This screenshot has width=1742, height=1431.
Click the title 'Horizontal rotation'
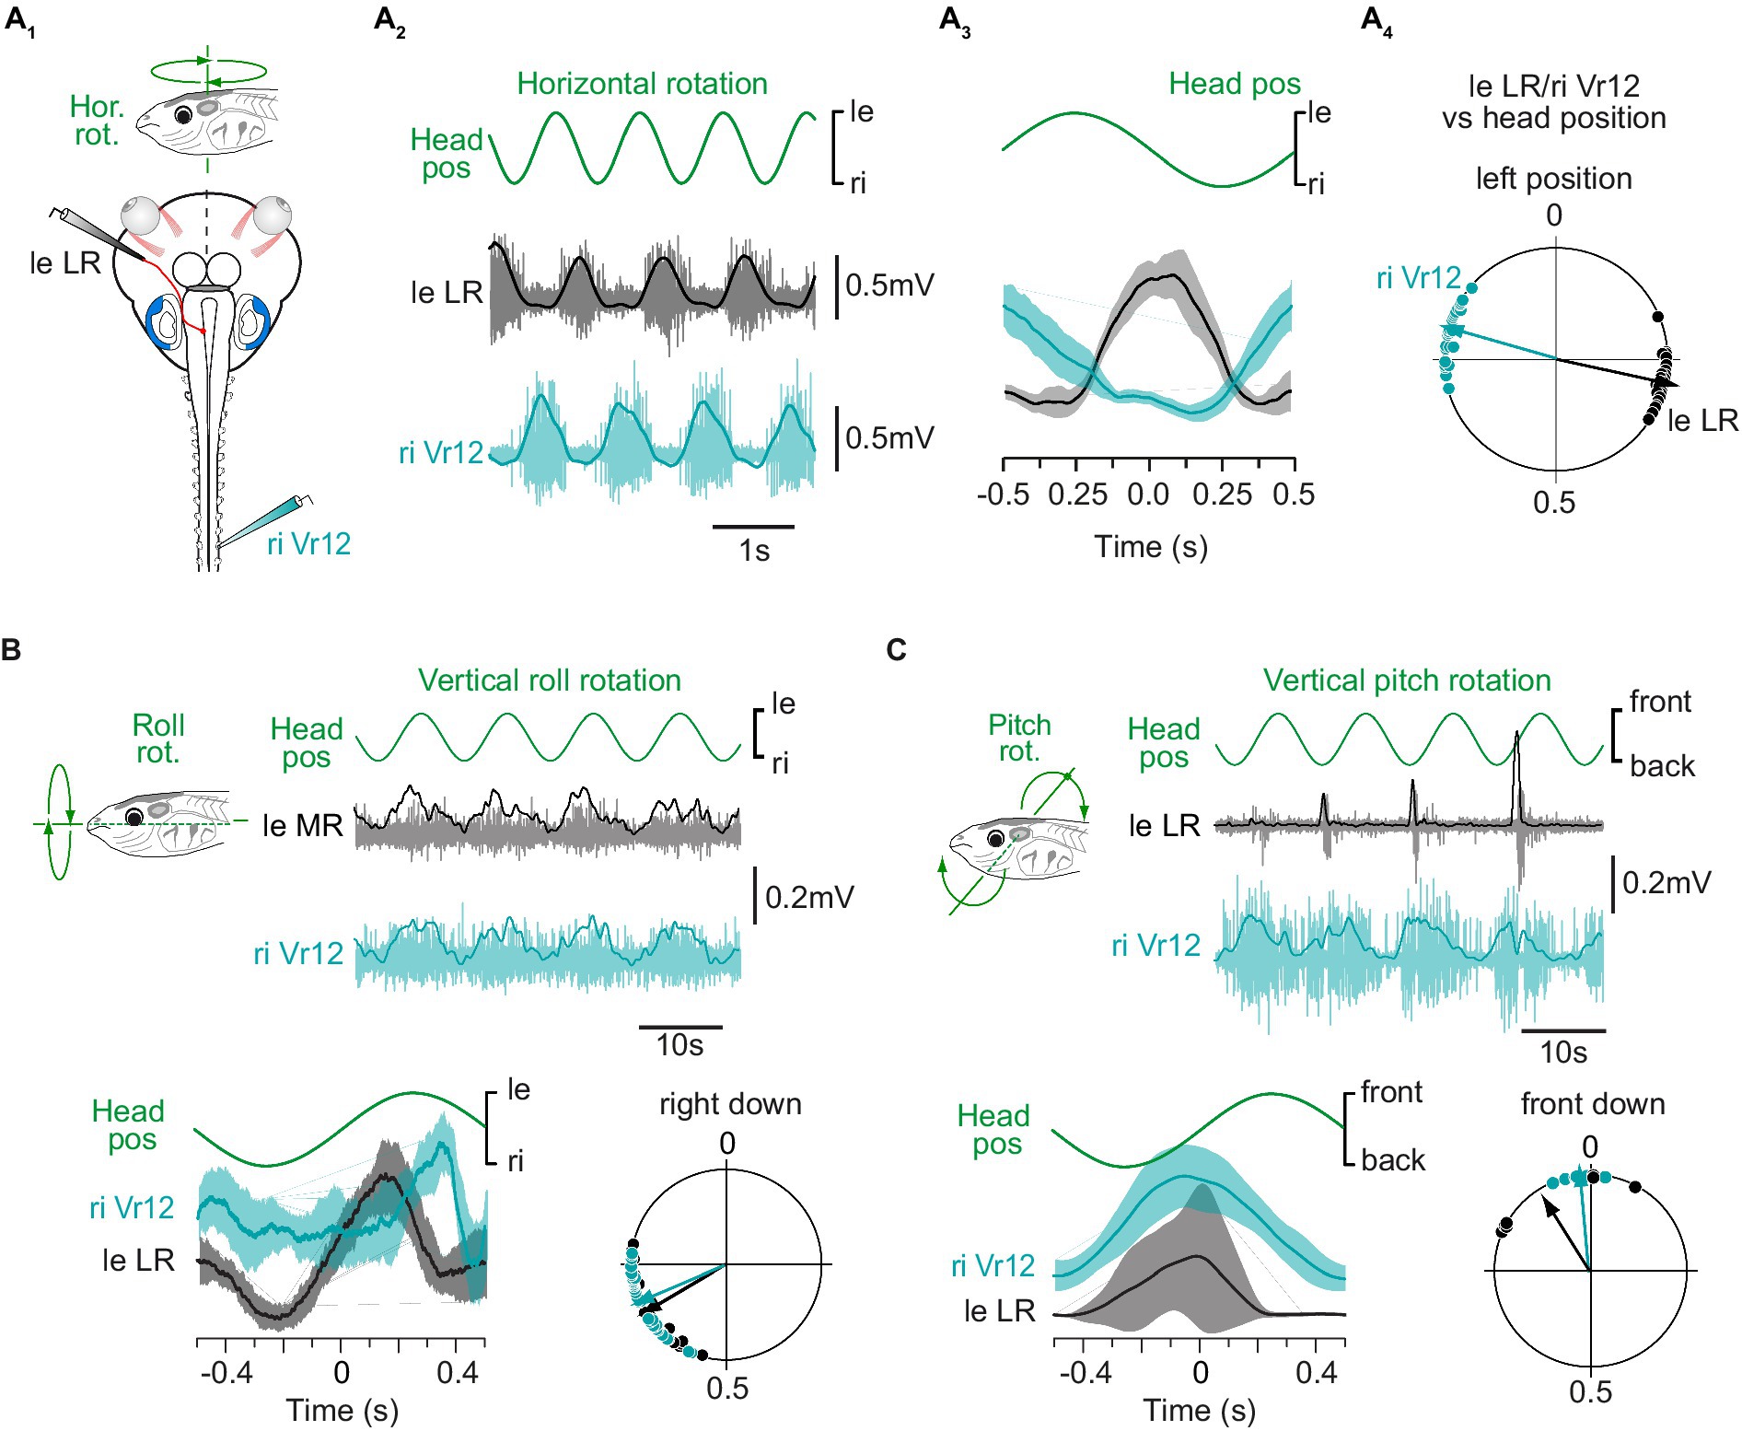coord(642,84)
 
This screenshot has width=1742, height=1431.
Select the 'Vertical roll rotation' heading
coord(550,681)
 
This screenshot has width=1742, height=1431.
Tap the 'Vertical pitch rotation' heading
coord(1407,681)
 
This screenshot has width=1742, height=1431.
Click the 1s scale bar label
coord(754,551)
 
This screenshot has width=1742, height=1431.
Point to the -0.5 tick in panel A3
coord(1003,494)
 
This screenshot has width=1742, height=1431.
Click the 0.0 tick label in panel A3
coord(1148,494)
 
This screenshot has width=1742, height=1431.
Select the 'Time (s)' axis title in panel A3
coord(1150,547)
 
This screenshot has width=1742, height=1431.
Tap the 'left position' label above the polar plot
coord(1553,179)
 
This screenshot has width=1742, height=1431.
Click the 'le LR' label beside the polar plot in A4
coord(1702,421)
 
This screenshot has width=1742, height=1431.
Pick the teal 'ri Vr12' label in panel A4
coord(1418,278)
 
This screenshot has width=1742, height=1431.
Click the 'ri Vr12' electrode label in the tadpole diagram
coord(308,544)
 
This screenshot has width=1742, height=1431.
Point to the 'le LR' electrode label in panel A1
coord(64,263)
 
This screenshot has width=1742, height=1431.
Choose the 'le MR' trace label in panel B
coord(303,826)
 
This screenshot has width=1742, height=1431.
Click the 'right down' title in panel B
coord(730,1104)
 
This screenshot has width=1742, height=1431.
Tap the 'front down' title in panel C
coord(1593,1104)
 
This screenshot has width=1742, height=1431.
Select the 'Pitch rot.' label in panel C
coord(1019,739)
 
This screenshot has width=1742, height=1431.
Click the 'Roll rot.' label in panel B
coord(158,739)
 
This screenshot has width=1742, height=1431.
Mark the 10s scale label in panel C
coord(1563,1052)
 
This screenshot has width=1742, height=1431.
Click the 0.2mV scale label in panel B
coord(809,897)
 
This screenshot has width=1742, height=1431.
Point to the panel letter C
coord(896,650)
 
